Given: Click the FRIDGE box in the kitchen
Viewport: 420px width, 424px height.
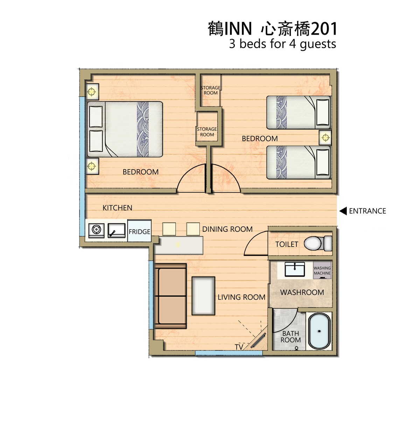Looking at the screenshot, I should [139, 231].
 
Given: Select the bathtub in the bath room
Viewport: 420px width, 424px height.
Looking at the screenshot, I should [319, 331].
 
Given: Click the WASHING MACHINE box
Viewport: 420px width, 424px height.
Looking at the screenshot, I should [322, 271].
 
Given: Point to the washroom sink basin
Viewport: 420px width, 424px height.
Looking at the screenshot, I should [295, 269].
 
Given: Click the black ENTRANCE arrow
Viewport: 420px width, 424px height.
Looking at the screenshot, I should [343, 211].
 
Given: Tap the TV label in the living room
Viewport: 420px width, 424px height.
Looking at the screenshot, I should [239, 347].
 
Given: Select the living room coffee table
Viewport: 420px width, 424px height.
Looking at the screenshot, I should [203, 296].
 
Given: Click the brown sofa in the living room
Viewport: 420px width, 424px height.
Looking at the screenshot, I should [170, 296].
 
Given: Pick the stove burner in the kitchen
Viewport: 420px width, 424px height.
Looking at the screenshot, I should [96, 230].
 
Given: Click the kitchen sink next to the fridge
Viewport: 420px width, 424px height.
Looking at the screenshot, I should [117, 230].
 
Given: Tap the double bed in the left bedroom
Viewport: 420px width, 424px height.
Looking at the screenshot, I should [125, 129].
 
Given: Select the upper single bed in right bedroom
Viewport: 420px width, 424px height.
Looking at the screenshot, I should [299, 112].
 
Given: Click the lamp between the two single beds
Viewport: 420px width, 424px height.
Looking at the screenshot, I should [325, 138].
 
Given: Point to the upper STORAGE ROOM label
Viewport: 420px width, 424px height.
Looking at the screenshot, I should [210, 90].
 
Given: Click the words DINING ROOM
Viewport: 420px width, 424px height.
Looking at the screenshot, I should [227, 229].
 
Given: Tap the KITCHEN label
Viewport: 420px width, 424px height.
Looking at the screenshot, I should [117, 208].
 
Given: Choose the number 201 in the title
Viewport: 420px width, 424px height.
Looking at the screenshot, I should [324, 29].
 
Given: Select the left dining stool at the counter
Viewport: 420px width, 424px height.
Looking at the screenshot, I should [169, 229].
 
